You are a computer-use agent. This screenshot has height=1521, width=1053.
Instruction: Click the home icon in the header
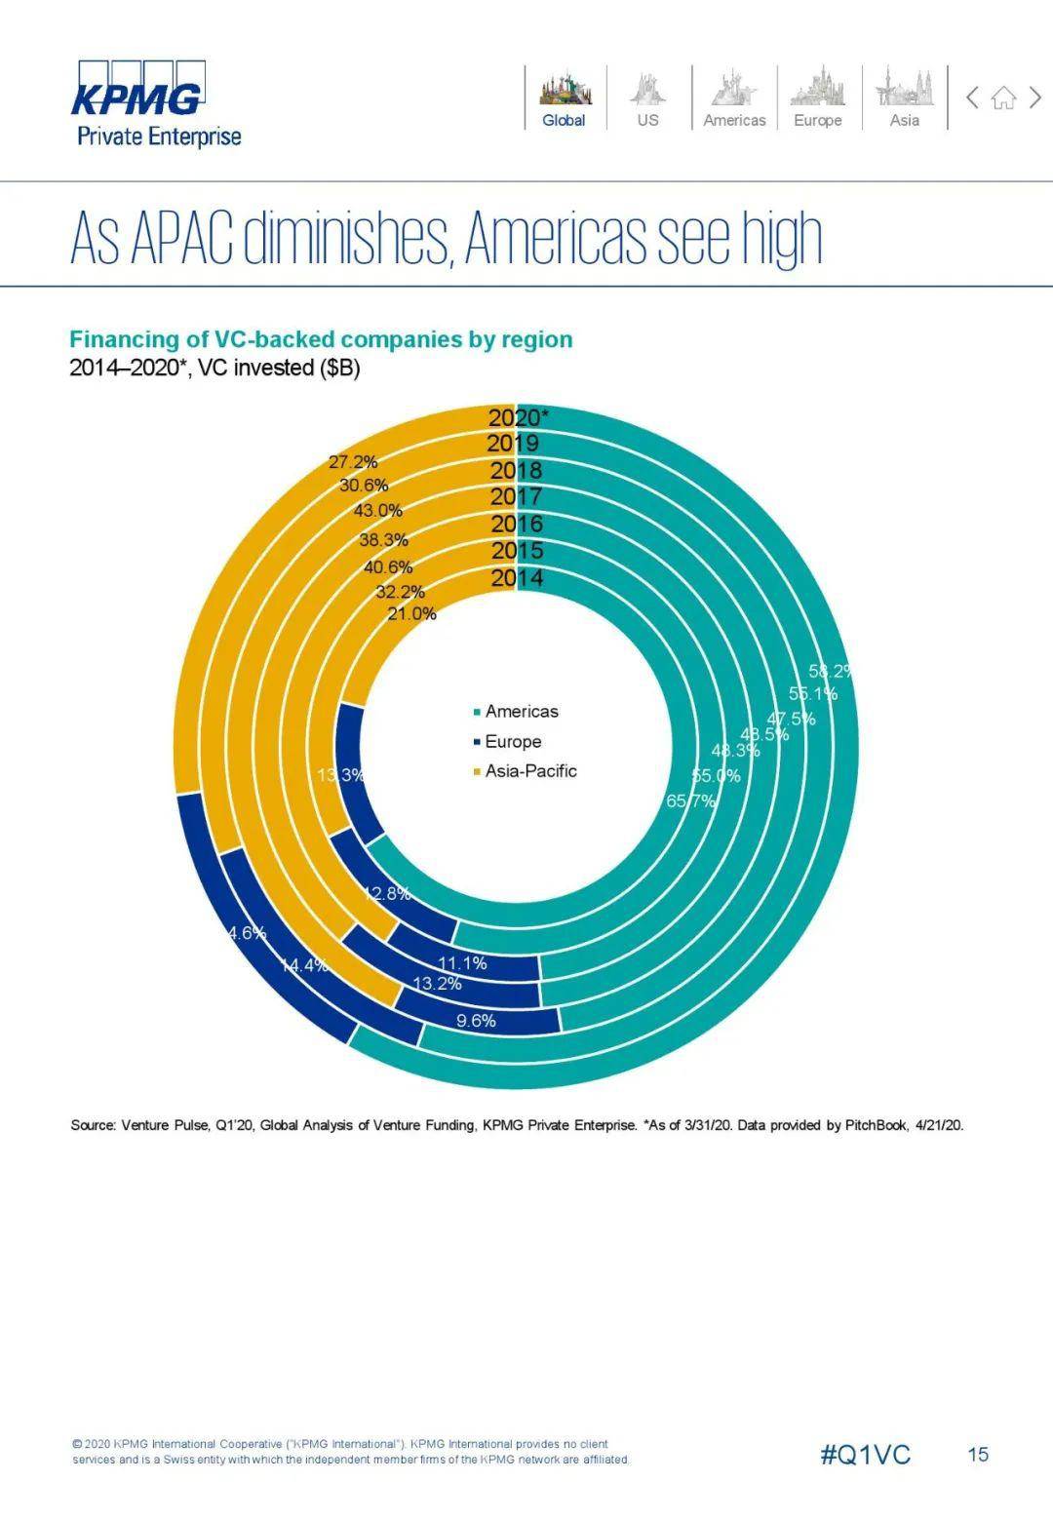[1003, 97]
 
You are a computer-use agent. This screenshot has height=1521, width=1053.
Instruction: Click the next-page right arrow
[1035, 97]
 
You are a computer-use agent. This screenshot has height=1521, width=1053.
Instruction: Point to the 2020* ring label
[518, 417]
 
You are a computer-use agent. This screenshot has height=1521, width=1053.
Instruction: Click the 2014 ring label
[517, 578]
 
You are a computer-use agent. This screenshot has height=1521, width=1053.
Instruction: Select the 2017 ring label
[516, 497]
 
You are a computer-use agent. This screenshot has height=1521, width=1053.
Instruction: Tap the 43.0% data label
[377, 511]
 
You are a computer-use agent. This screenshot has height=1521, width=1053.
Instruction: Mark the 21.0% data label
[411, 614]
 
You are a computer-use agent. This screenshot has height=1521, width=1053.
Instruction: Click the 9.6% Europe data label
[476, 1021]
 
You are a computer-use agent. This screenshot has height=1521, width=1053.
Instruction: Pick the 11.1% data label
[461, 963]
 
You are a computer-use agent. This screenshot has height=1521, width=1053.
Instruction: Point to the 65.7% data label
[691, 801]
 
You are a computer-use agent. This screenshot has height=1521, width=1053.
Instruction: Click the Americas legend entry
[521, 712]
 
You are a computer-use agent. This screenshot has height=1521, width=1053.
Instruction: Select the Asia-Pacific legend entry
[529, 771]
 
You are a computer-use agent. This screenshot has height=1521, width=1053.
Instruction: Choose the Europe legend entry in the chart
[512, 742]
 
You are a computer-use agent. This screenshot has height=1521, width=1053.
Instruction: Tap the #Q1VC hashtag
[865, 1455]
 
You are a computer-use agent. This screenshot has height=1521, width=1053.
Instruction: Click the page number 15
[978, 1455]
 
